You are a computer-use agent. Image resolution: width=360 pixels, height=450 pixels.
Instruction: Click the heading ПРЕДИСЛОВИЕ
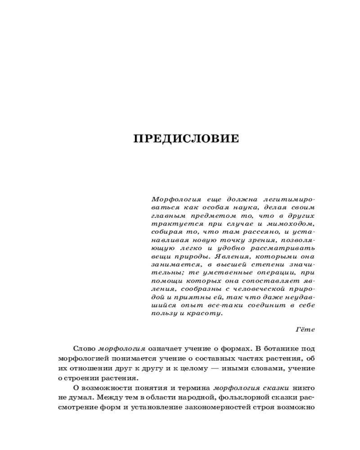[x=186, y=139]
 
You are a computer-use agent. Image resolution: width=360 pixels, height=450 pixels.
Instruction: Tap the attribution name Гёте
[x=305, y=329]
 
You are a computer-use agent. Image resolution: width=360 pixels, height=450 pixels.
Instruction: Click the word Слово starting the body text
[x=84, y=348]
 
